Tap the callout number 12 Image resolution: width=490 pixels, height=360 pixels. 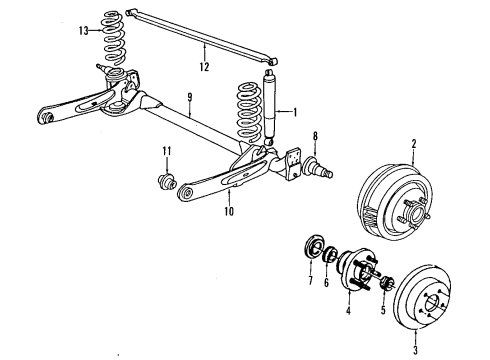click(204, 70)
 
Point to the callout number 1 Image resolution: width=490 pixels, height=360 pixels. click(296, 112)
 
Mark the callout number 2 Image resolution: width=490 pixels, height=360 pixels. click(412, 145)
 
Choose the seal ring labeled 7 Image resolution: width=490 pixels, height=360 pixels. click(311, 249)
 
